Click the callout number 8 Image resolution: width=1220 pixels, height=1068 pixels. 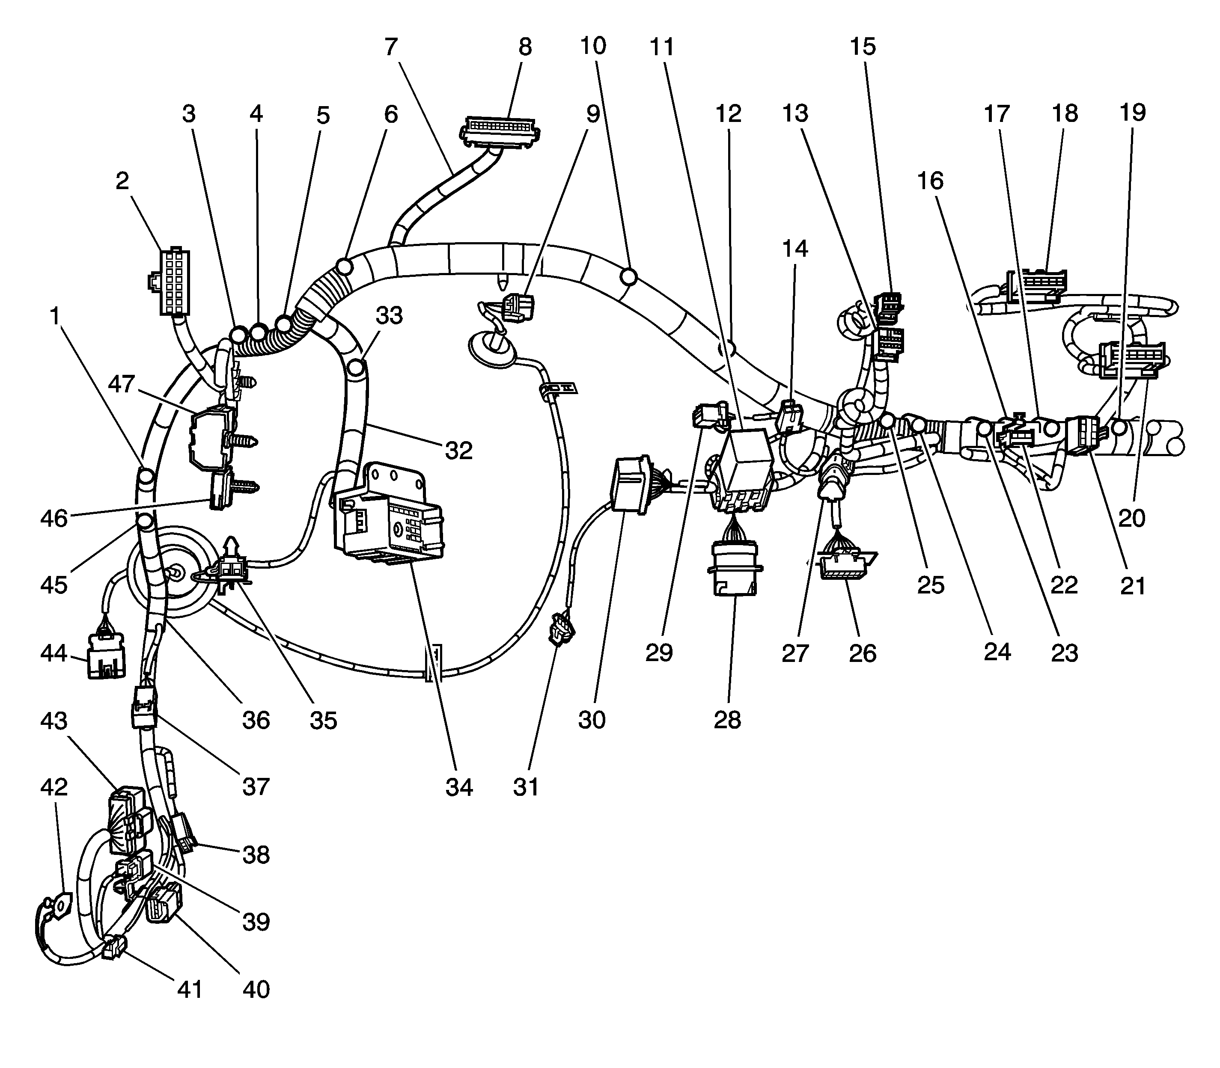click(x=525, y=47)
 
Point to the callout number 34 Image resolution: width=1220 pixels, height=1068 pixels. click(x=459, y=787)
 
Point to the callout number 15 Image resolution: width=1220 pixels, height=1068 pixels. click(x=862, y=47)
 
